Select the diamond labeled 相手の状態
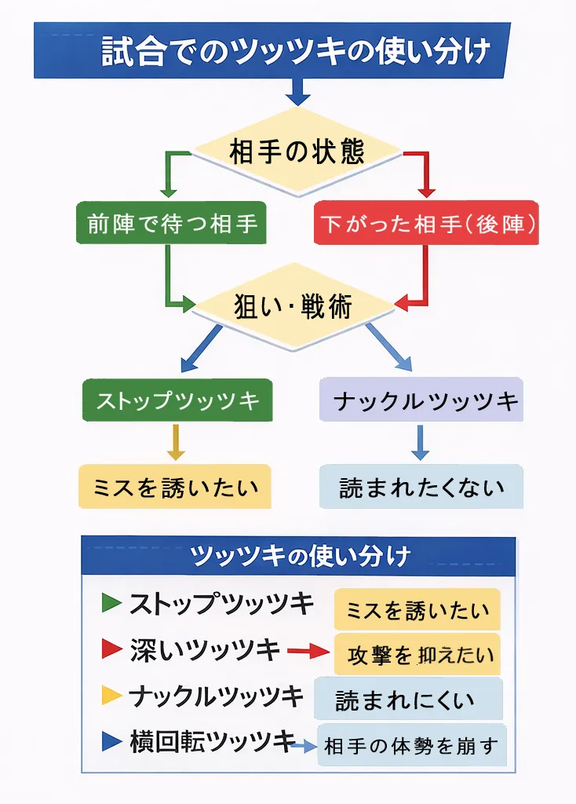297,152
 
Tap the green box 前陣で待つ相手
171,224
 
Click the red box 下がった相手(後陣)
427,224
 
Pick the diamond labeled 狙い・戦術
293,305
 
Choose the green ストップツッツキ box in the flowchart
177,401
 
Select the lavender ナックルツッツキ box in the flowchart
421,401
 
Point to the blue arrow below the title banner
297,93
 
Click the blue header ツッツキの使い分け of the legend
299,556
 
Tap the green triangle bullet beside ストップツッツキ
111,603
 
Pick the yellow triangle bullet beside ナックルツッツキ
111,695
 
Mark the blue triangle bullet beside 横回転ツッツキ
111,740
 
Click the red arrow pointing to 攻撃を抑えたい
308,651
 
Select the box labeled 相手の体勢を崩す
412,745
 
